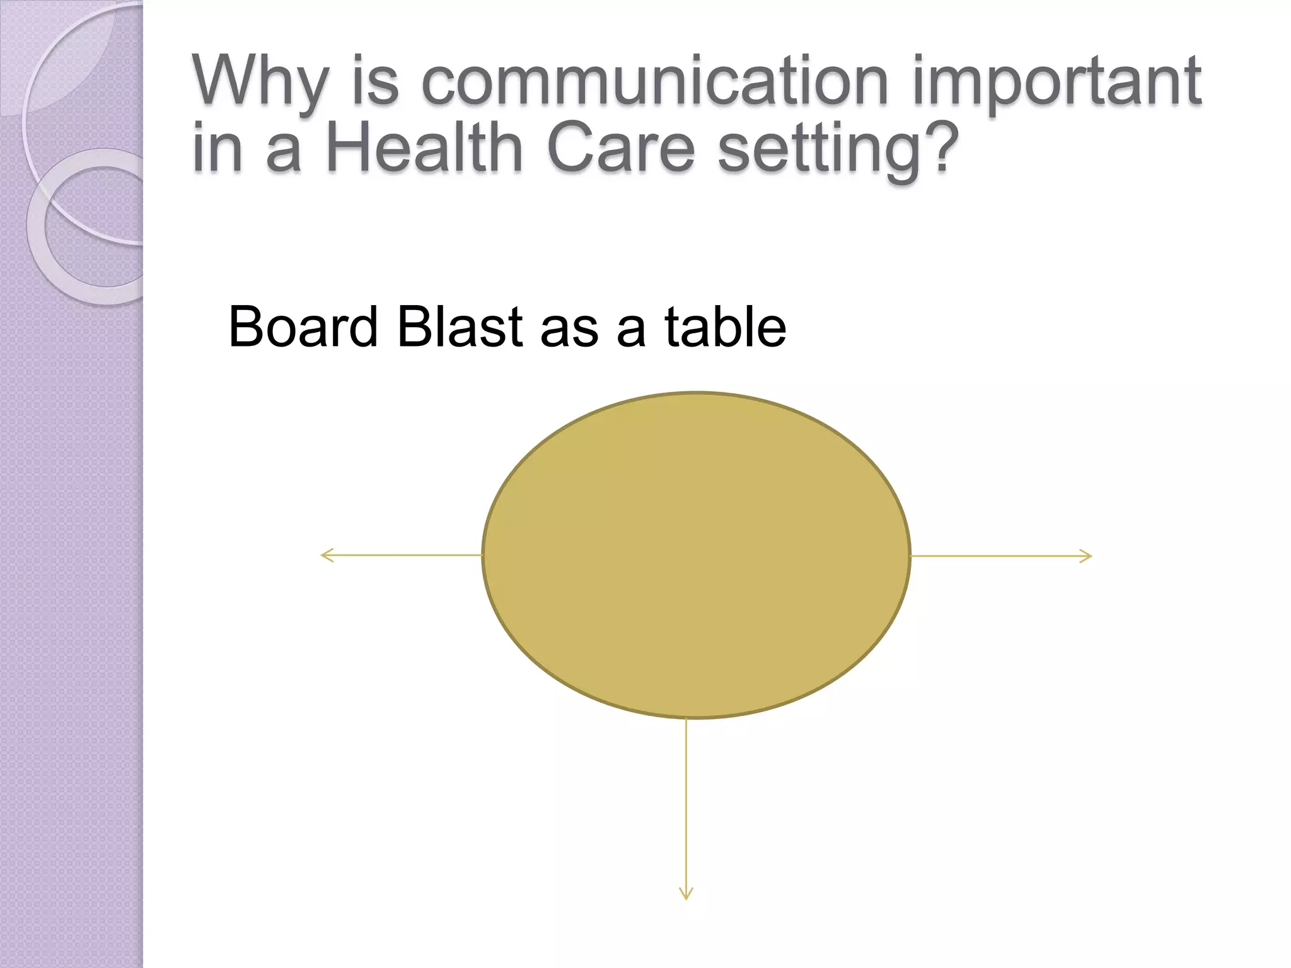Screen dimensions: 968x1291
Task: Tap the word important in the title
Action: click(1057, 82)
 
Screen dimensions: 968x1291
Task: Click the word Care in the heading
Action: click(621, 149)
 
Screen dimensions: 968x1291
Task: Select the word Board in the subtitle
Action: click(303, 327)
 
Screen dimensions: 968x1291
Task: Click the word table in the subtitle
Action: click(725, 327)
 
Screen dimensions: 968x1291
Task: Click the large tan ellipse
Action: click(696, 555)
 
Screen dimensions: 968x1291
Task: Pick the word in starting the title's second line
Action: click(217, 149)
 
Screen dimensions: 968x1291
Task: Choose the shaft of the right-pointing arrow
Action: click(996, 556)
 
